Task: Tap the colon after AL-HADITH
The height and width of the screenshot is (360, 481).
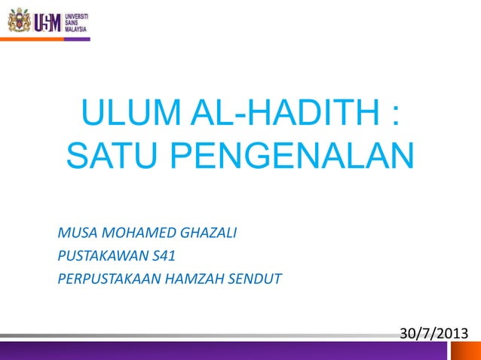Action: coord(392,119)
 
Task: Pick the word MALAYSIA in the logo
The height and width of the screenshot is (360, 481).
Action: coord(78,29)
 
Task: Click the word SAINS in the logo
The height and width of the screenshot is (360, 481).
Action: coord(73,21)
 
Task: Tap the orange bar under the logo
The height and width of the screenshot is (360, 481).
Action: coord(77,39)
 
